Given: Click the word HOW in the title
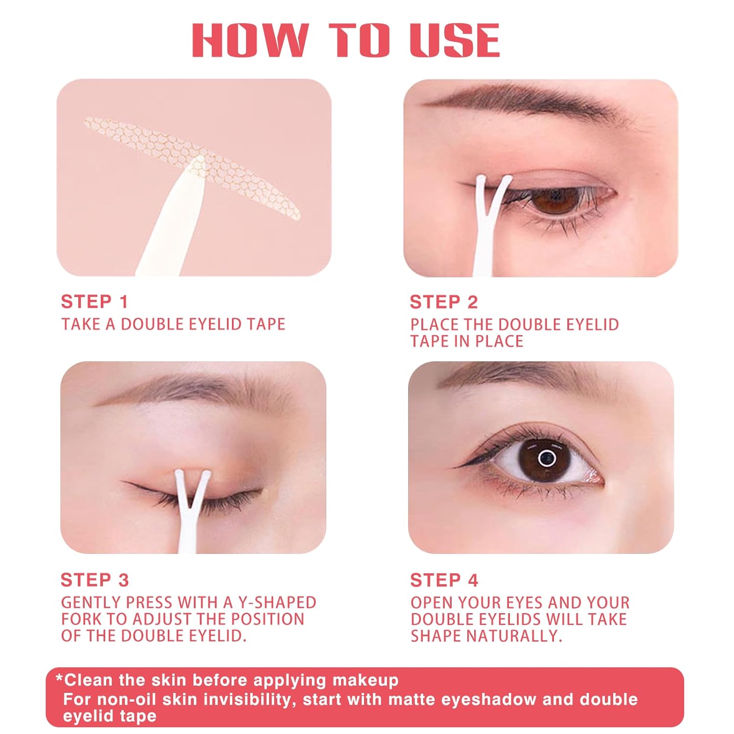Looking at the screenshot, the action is coord(250,40).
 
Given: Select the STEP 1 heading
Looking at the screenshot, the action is coord(94,302).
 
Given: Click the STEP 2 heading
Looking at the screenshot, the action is coord(444,302).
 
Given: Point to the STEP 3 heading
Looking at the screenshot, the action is coord(94,580).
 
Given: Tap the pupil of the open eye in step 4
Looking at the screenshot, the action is coord(547,459).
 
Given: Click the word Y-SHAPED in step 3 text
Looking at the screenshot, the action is coord(277,602).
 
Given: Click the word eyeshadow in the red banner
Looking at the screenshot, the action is coord(489,699).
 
